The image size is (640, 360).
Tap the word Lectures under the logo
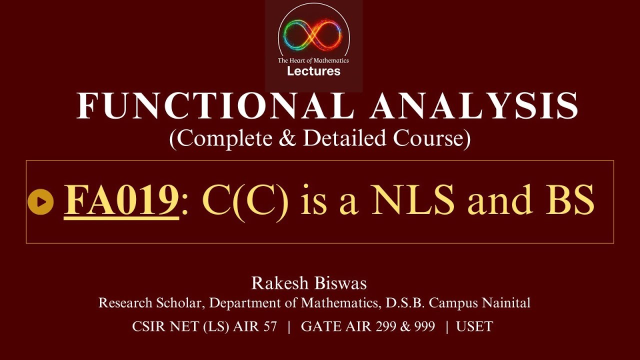tap(313, 71)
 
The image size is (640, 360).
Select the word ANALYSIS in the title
tap(474, 106)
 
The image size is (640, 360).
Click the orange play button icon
tap(40, 202)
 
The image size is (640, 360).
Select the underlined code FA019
tap(121, 200)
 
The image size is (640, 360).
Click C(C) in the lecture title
tap(245, 200)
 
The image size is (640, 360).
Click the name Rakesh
tap(280, 283)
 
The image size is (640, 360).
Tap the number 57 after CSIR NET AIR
tap(268, 327)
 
